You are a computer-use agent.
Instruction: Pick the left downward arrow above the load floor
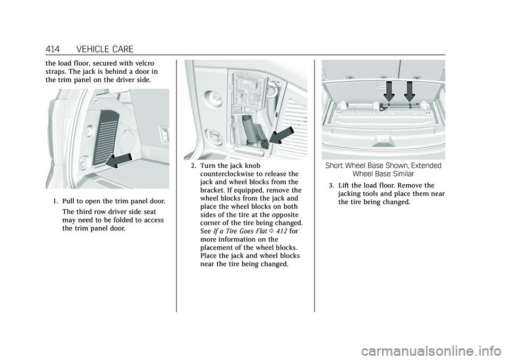coord(389,91)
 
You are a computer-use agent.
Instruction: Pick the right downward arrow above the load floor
coord(409,91)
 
